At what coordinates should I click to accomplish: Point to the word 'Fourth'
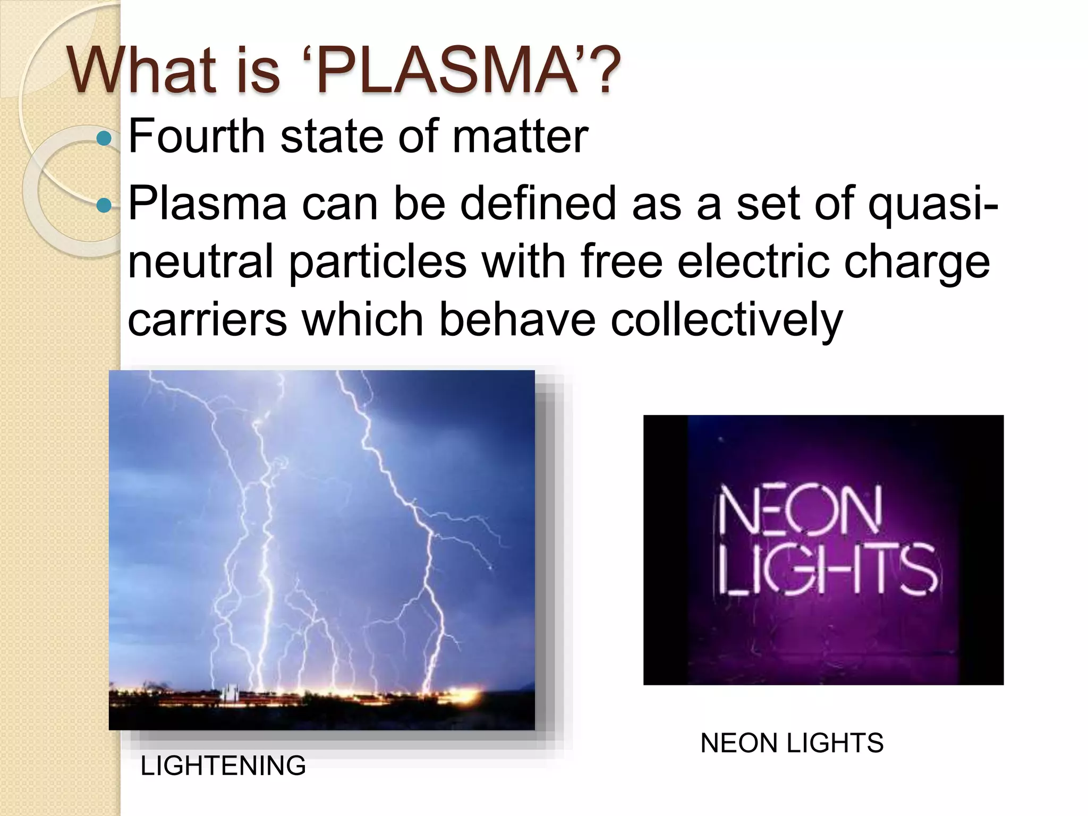(x=197, y=137)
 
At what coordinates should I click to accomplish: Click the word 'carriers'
(x=207, y=321)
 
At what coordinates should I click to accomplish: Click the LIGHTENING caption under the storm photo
(x=223, y=766)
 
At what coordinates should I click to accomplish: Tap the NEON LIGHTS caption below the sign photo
(x=792, y=743)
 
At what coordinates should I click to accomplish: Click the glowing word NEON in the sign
(x=800, y=511)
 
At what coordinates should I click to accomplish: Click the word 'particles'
(x=377, y=262)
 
